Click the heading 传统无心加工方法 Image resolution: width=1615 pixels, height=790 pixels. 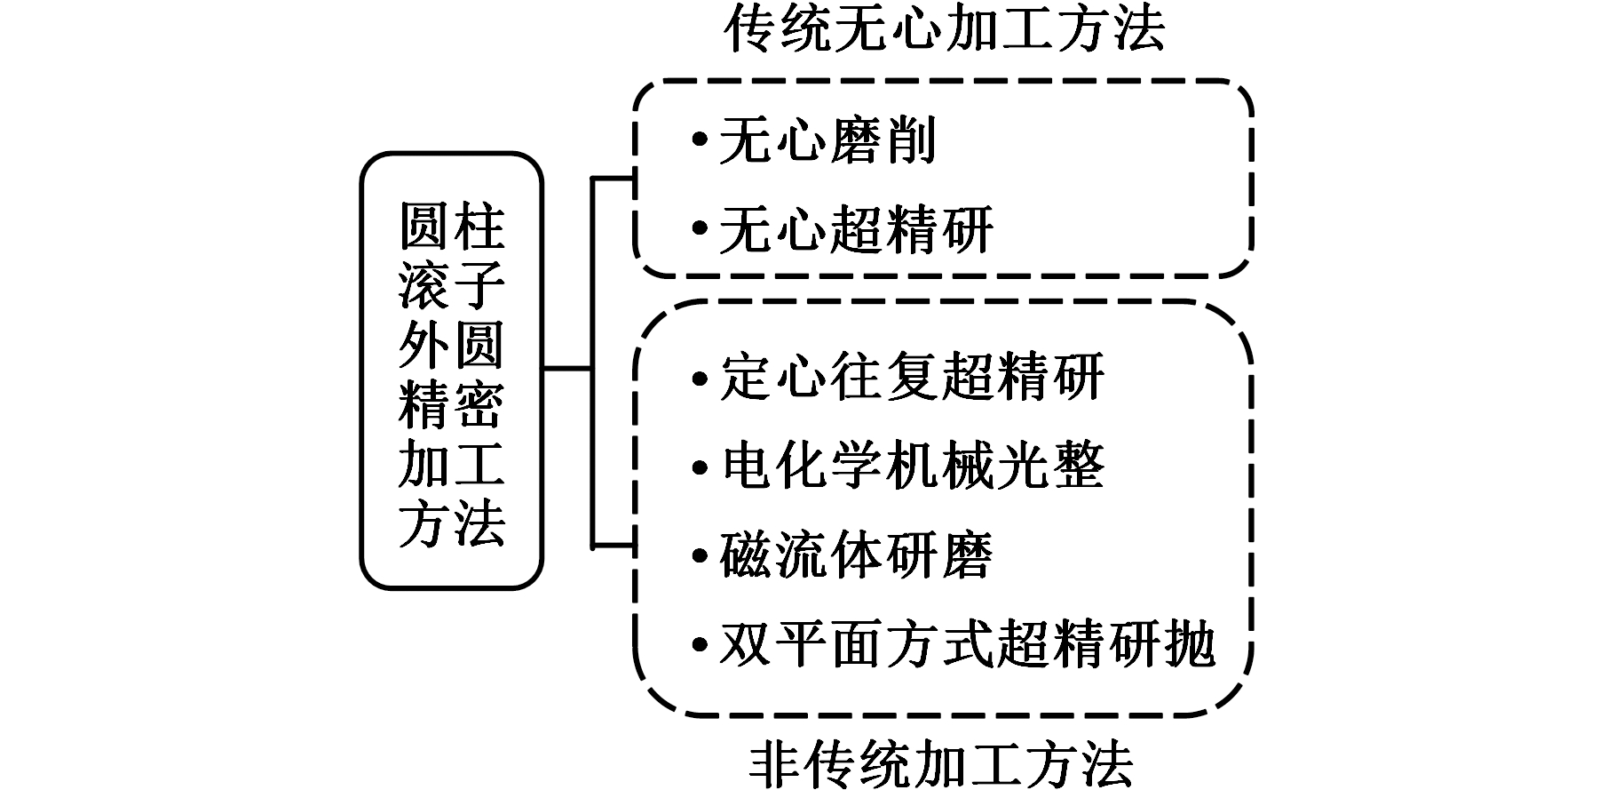point(944,29)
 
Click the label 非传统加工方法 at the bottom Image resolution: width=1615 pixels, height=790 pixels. point(944,763)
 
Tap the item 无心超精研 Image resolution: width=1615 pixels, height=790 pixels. point(856,229)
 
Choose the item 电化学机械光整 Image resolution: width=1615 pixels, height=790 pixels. point(912,465)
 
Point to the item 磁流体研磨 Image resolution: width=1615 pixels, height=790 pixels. point(856,555)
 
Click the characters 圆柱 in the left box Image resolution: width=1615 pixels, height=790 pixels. point(452,227)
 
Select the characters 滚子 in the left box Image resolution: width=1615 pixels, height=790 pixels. point(452,285)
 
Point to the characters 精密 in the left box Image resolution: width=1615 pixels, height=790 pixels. point(452,404)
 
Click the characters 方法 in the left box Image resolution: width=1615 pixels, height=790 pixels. point(452,523)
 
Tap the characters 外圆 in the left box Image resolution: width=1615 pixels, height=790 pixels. point(452,345)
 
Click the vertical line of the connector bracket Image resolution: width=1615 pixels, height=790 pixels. point(592,363)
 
